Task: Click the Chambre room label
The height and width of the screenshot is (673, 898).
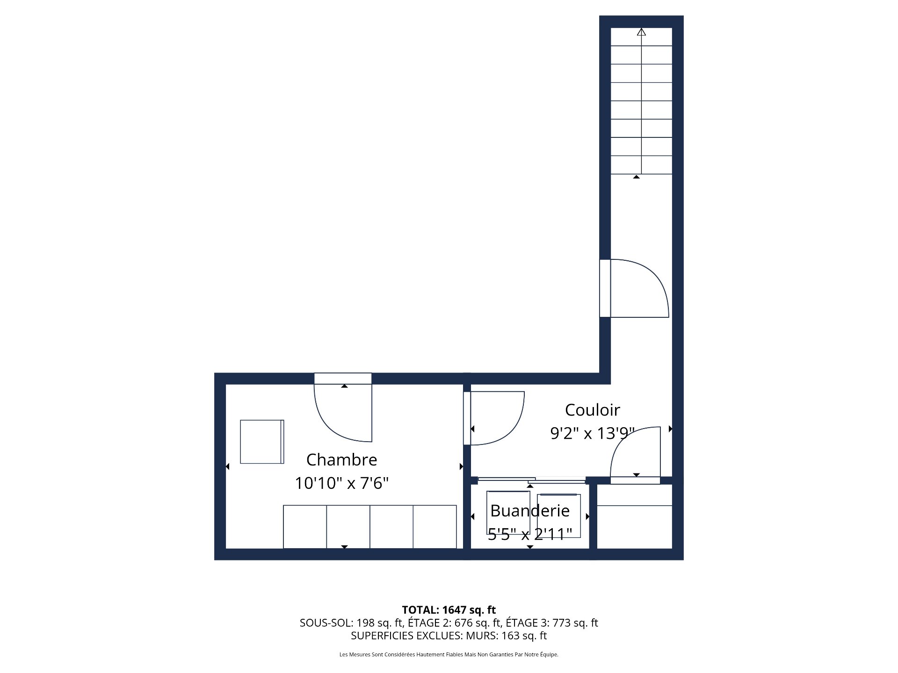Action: (x=341, y=460)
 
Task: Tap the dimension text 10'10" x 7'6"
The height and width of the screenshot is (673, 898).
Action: (x=341, y=483)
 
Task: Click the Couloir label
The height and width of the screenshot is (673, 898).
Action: (x=592, y=410)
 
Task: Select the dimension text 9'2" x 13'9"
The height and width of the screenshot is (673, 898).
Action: (x=592, y=434)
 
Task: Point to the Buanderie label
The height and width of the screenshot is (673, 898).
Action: (x=529, y=511)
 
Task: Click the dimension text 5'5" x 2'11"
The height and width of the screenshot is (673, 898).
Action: (x=529, y=534)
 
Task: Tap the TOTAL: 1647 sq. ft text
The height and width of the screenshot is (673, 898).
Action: (x=449, y=610)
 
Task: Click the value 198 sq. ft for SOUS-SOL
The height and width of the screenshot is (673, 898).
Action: (x=379, y=623)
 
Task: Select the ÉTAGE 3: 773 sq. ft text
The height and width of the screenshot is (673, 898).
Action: (x=552, y=623)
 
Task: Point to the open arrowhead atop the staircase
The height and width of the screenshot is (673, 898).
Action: (x=641, y=32)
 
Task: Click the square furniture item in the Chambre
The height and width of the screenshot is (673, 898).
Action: (x=262, y=442)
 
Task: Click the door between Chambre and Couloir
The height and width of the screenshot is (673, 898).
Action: (x=496, y=418)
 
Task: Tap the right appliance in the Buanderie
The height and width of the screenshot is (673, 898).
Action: (x=559, y=516)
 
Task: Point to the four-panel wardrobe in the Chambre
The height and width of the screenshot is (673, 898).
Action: (x=369, y=527)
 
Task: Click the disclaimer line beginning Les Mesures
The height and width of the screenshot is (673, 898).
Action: (x=449, y=655)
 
